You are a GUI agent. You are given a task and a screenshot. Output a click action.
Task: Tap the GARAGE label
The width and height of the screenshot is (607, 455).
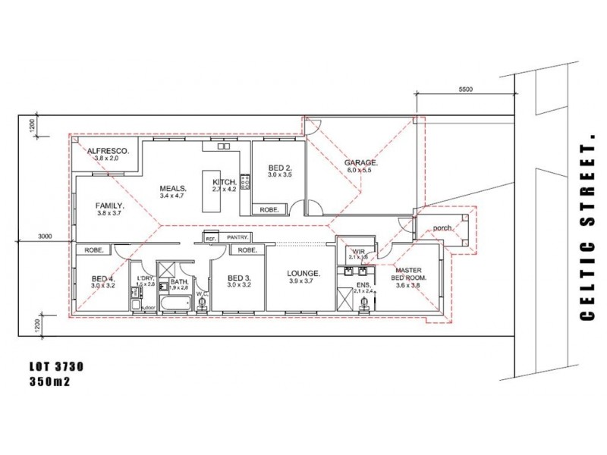tap(360, 162)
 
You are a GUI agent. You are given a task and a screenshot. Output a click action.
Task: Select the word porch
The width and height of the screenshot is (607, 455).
tap(443, 227)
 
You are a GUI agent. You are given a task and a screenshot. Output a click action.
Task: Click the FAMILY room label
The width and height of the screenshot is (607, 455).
tap(109, 205)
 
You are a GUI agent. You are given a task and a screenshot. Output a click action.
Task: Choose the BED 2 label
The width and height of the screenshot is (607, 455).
tap(279, 168)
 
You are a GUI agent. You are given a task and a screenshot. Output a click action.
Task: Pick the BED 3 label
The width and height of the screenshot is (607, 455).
tap(239, 278)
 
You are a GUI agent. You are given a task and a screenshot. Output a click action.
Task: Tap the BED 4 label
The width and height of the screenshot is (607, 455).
tap(102, 278)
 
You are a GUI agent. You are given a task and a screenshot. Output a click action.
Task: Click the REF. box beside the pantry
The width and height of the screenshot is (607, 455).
tap(210, 238)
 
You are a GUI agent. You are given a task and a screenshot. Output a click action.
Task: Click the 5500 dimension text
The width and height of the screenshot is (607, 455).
tap(466, 89)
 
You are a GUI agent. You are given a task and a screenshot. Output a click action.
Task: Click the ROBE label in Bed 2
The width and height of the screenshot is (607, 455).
tap(269, 209)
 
